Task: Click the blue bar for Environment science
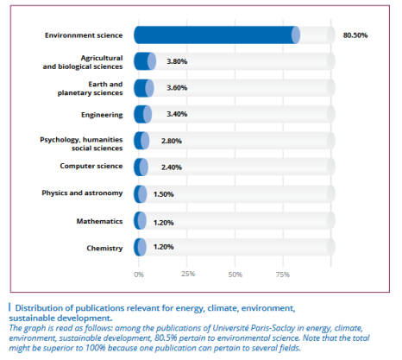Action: pyautogui.click(x=217, y=35)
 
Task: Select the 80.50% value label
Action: pyautogui.click(x=355, y=35)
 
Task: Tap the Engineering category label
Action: pyautogui.click(x=102, y=115)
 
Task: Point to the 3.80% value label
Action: pyautogui.click(x=177, y=61)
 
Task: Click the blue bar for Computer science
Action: pyautogui.click(x=141, y=167)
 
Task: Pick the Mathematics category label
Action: pyautogui.click(x=99, y=221)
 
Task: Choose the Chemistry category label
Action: pyautogui.click(x=104, y=248)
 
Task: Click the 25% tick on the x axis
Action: pyautogui.click(x=188, y=274)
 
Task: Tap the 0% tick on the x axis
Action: pyautogui.click(x=139, y=275)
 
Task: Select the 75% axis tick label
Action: pyautogui.click(x=283, y=275)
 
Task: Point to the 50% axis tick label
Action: pyautogui.click(x=236, y=275)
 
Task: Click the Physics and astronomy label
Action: pyautogui.click(x=82, y=193)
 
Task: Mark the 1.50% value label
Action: pyautogui.click(x=163, y=194)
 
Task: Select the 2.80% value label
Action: pyautogui.click(x=172, y=141)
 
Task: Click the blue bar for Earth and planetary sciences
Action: pyautogui.click(x=144, y=88)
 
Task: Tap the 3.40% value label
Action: pyautogui.click(x=177, y=114)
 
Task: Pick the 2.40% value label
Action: pyautogui.click(x=172, y=167)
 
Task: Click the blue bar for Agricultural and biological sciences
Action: pyautogui.click(x=145, y=61)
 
